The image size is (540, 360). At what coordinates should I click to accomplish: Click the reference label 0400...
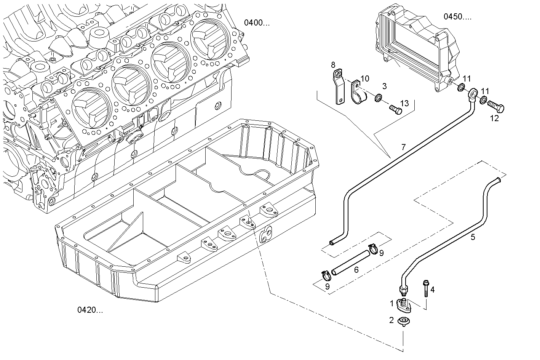tap(257, 23)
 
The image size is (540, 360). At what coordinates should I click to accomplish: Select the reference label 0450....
tap(457, 16)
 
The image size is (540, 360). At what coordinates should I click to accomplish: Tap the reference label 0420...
tap(90, 310)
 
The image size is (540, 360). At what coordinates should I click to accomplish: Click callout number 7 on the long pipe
tap(403, 147)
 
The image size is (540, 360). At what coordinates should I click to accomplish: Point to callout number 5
tap(473, 237)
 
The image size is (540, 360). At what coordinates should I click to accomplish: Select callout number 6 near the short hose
tap(356, 270)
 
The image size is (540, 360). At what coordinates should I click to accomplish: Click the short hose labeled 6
tap(350, 261)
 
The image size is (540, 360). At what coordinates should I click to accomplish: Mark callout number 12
tap(494, 118)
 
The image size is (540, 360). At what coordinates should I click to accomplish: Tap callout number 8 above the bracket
tap(333, 64)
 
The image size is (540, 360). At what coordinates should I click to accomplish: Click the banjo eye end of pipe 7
tap(473, 93)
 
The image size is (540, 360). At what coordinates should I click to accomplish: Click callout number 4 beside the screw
tap(432, 290)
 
